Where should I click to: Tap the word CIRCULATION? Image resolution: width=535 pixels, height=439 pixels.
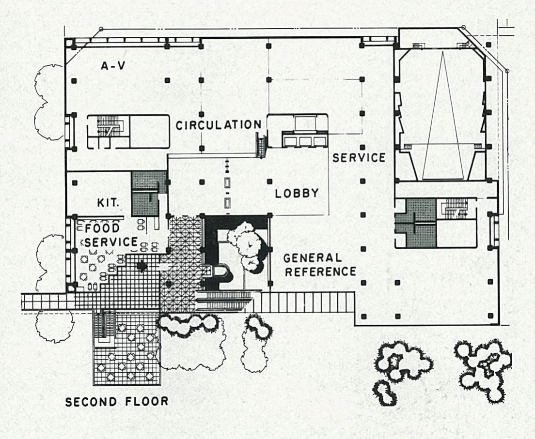[x=219, y=125]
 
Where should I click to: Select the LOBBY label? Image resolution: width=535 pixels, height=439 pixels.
[x=297, y=193]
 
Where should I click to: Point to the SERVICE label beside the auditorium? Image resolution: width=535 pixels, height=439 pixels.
[x=359, y=157]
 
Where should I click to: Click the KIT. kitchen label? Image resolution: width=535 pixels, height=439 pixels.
[x=108, y=203]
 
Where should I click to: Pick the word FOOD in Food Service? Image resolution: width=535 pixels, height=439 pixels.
[x=102, y=227]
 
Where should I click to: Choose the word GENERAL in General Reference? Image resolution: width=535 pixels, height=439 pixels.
[x=313, y=257]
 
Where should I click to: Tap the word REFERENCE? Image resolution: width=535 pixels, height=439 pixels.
[x=320, y=272]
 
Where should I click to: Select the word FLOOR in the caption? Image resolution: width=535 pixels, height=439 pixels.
[x=147, y=401]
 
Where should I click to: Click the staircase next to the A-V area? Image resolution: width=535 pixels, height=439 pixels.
[x=109, y=126]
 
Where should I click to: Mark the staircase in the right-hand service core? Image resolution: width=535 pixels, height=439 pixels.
[x=455, y=210]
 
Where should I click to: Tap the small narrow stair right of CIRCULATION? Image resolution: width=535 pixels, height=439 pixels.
[x=261, y=146]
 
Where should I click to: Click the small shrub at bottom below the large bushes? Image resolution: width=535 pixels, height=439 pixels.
[x=385, y=393]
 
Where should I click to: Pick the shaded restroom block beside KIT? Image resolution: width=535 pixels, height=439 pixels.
[x=145, y=194]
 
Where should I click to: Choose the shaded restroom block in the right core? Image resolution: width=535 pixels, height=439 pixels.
[x=416, y=223]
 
